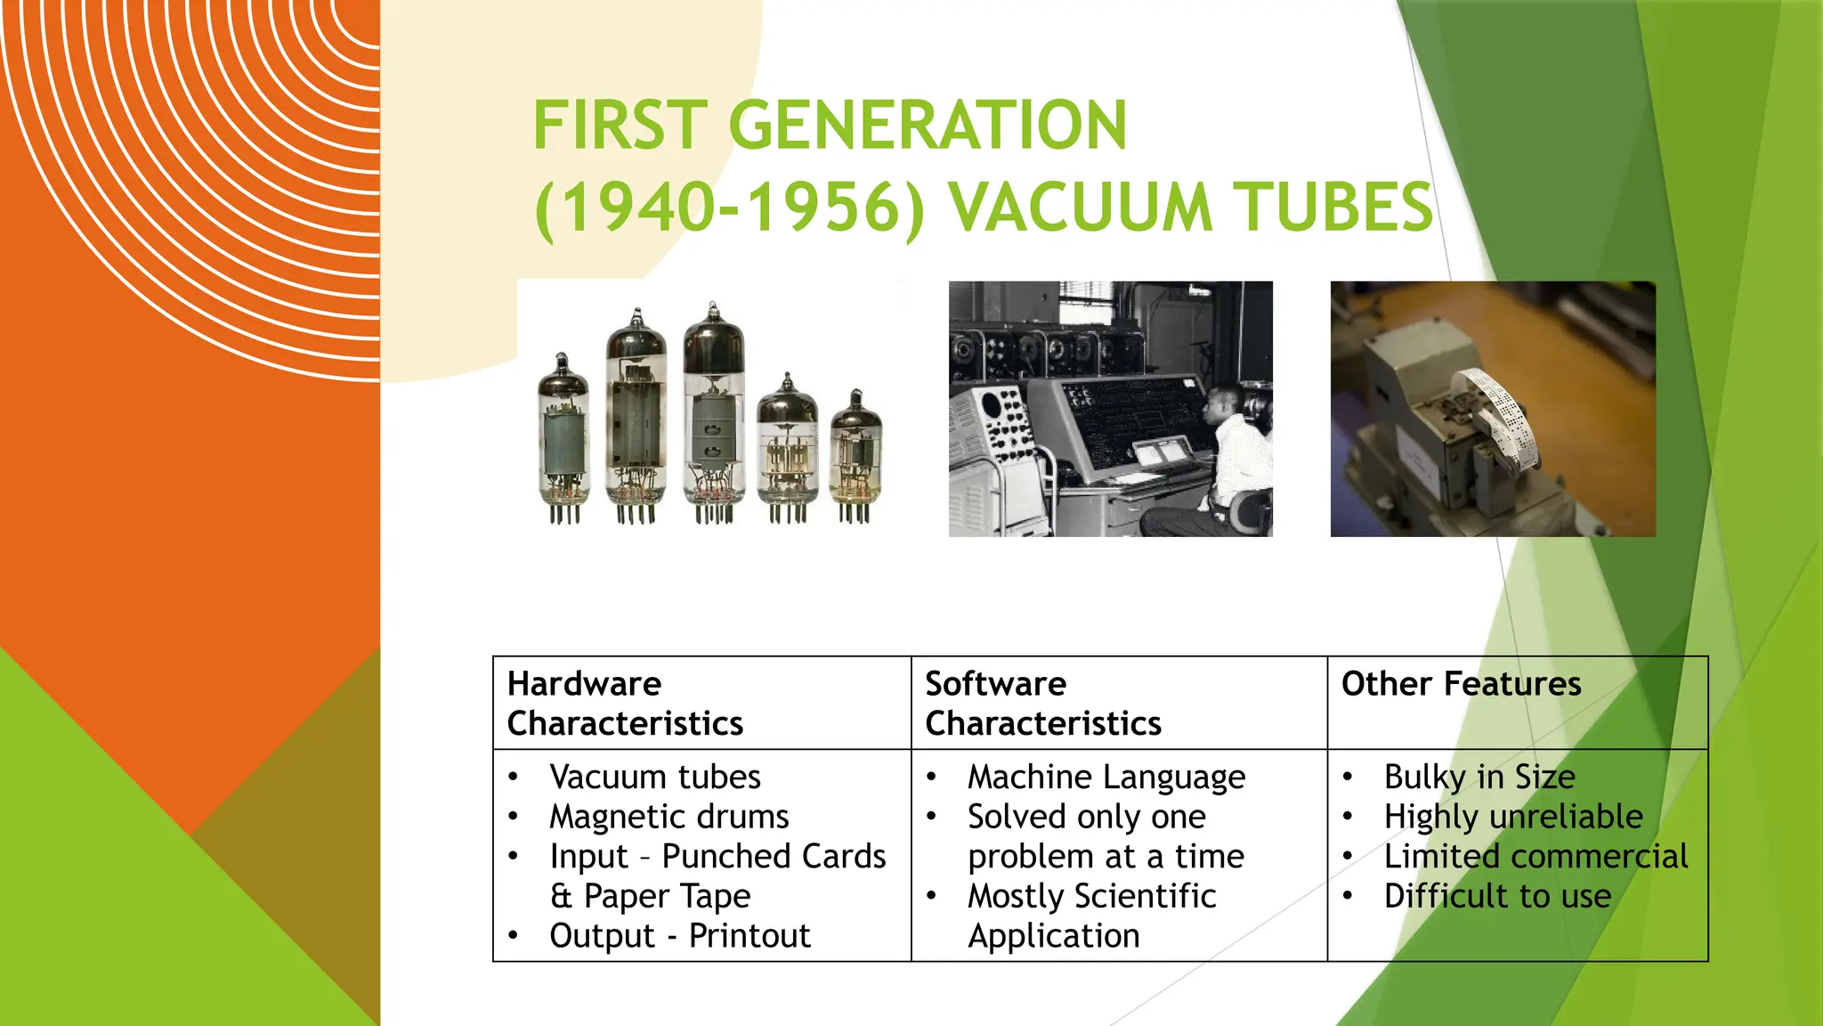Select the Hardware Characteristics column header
(x=625, y=703)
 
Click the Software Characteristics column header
(x=1042, y=703)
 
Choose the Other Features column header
(x=1461, y=684)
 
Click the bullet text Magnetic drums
(x=668, y=817)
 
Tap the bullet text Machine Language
(x=1106, y=778)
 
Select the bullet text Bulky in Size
(x=1479, y=778)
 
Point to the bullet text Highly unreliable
(x=1513, y=817)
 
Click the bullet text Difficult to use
(x=1497, y=896)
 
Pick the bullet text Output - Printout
(x=679, y=936)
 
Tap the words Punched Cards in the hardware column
(x=774, y=857)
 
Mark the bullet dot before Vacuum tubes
(x=514, y=778)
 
